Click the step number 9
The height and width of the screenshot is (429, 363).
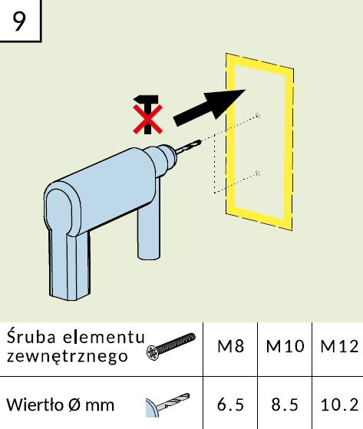19,21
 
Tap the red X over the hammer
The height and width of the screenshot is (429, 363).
147,119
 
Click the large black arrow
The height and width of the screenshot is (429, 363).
210,107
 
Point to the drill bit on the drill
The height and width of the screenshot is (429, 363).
188,147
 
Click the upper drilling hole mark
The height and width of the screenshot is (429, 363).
257,115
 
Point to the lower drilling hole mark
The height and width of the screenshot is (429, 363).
257,173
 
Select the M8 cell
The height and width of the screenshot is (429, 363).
230,346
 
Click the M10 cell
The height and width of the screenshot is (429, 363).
285,346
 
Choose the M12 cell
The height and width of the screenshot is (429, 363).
338,346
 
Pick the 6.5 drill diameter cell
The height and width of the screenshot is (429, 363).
230,404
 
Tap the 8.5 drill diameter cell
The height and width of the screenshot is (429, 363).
285,404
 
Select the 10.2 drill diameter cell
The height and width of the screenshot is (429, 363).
338,404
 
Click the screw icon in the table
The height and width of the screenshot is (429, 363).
170,346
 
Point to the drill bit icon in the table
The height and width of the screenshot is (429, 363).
167,405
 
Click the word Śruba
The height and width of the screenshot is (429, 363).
31,337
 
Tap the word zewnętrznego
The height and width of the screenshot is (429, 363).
68,357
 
